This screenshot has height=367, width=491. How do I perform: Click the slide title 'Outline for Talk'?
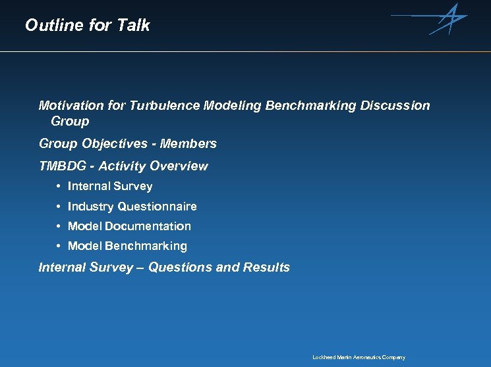pyautogui.click(x=87, y=25)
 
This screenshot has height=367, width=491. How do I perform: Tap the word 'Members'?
pyautogui.click(x=192, y=143)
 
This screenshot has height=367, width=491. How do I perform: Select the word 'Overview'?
pyautogui.click(x=179, y=166)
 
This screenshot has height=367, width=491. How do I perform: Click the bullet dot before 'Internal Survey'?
pyautogui.click(x=59, y=187)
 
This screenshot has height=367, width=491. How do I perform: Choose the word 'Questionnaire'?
pyautogui.click(x=157, y=207)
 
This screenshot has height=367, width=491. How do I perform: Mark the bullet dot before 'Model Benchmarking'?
pyautogui.click(x=59, y=246)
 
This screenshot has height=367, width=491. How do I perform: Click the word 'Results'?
pyautogui.click(x=266, y=267)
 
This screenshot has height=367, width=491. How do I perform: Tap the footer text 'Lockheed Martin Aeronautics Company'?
pyautogui.click(x=359, y=357)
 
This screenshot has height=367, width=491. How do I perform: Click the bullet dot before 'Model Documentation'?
pyautogui.click(x=59, y=226)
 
